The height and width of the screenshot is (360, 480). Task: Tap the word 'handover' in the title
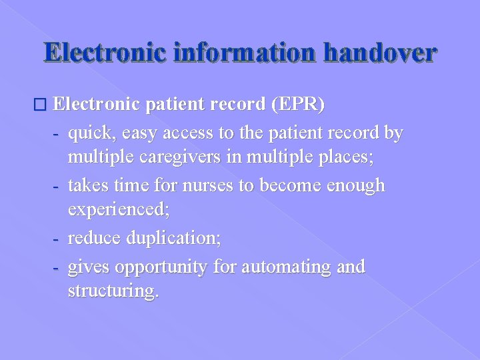pos(380,53)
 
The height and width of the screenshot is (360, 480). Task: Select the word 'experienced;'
pos(119,211)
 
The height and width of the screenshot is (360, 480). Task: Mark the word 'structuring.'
pos(113,292)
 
